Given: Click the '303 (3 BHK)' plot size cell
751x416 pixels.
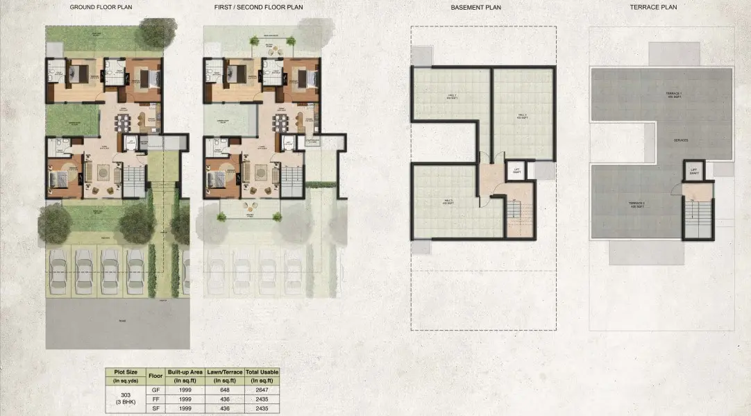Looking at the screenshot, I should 125,400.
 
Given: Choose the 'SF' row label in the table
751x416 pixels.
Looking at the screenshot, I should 155,409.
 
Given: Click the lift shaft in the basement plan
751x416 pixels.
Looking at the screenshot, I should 516,172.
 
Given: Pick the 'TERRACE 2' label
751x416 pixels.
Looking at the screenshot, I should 637,204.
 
